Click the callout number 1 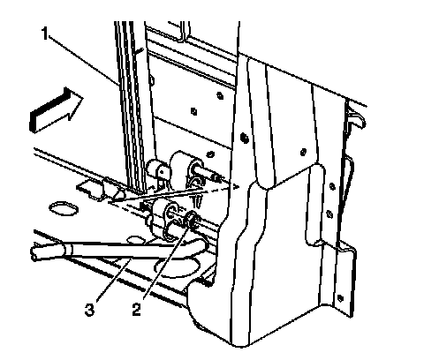tap(44, 34)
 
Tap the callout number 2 tap(136, 310)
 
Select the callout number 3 tap(90, 310)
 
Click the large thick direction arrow tap(56, 109)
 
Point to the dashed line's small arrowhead tap(236, 186)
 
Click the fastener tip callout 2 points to tap(193, 220)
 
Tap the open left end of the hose tap(34, 253)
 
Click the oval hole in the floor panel tap(64, 209)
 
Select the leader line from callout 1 tap(84, 59)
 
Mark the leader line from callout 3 tap(113, 279)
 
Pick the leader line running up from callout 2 tap(166, 262)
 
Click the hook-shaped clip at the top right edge tap(356, 116)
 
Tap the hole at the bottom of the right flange tap(340, 297)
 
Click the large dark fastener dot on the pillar tap(244, 137)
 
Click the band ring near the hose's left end tap(67, 250)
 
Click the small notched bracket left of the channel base tap(91, 190)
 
